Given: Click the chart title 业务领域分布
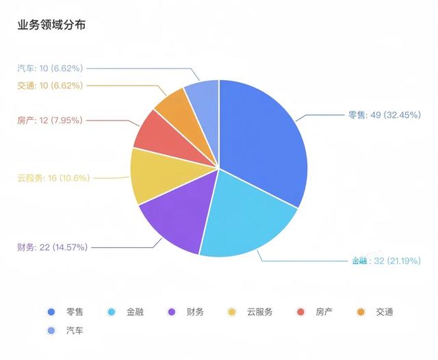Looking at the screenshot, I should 51,25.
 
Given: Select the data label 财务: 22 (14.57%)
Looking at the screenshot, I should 52,246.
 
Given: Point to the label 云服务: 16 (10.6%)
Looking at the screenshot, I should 52,178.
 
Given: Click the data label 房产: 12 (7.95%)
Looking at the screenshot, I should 49,120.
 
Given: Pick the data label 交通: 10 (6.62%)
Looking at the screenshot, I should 49,86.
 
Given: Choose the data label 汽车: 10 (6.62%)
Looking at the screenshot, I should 49,68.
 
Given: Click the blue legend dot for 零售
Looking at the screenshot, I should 51,312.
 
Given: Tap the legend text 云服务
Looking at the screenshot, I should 259,312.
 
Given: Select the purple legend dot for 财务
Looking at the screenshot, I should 172,312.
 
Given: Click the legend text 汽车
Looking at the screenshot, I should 75,331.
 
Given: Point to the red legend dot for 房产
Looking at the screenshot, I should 300,312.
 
